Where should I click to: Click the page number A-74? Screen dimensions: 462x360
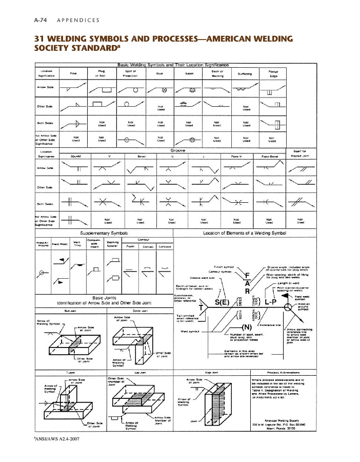(x=41, y=21)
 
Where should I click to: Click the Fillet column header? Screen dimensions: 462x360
(x=73, y=73)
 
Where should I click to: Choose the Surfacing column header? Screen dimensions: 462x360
(x=245, y=73)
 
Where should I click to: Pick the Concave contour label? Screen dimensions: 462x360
(x=166, y=247)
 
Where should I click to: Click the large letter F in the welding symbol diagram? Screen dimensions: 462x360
(x=248, y=275)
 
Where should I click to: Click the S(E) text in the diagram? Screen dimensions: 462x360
(x=222, y=303)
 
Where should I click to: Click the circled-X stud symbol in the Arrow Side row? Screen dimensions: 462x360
(x=165, y=91)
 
